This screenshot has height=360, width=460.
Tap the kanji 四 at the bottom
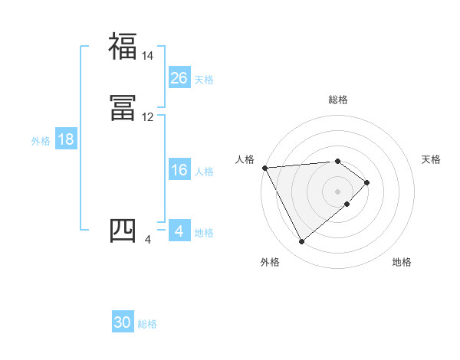point(123,231)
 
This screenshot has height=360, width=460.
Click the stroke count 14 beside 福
point(147,56)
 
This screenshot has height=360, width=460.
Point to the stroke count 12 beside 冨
point(147,117)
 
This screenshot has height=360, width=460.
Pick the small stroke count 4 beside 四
point(147,240)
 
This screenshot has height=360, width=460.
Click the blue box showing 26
point(179,78)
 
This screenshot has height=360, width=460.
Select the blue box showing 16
point(179,170)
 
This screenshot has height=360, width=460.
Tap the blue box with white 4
point(179,231)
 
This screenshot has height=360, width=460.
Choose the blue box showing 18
point(66,139)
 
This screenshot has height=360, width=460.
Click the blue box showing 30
point(123,322)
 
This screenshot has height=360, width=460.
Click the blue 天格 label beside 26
point(204,80)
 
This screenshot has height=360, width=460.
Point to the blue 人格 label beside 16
point(204,172)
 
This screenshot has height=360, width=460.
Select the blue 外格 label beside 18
point(41,141)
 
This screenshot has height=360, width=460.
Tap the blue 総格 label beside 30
point(148,324)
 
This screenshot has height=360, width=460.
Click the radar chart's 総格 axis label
point(338,100)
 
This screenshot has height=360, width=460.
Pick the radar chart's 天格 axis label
point(432,159)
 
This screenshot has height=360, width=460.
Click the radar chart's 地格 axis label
point(402,263)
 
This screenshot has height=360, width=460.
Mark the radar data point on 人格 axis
point(264,168)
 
